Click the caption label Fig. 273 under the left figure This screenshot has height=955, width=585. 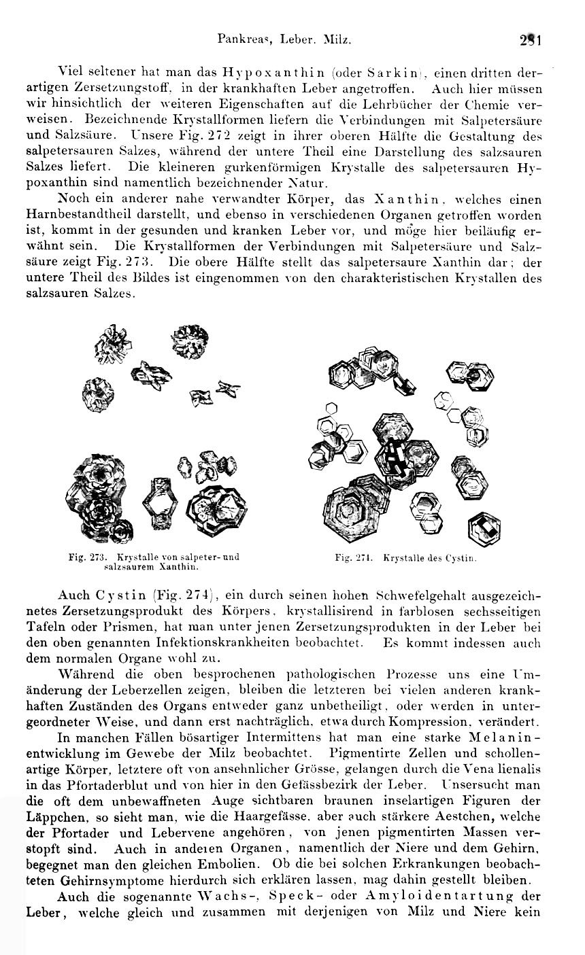(x=86, y=557)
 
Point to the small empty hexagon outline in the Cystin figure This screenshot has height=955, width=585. (x=332, y=408)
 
